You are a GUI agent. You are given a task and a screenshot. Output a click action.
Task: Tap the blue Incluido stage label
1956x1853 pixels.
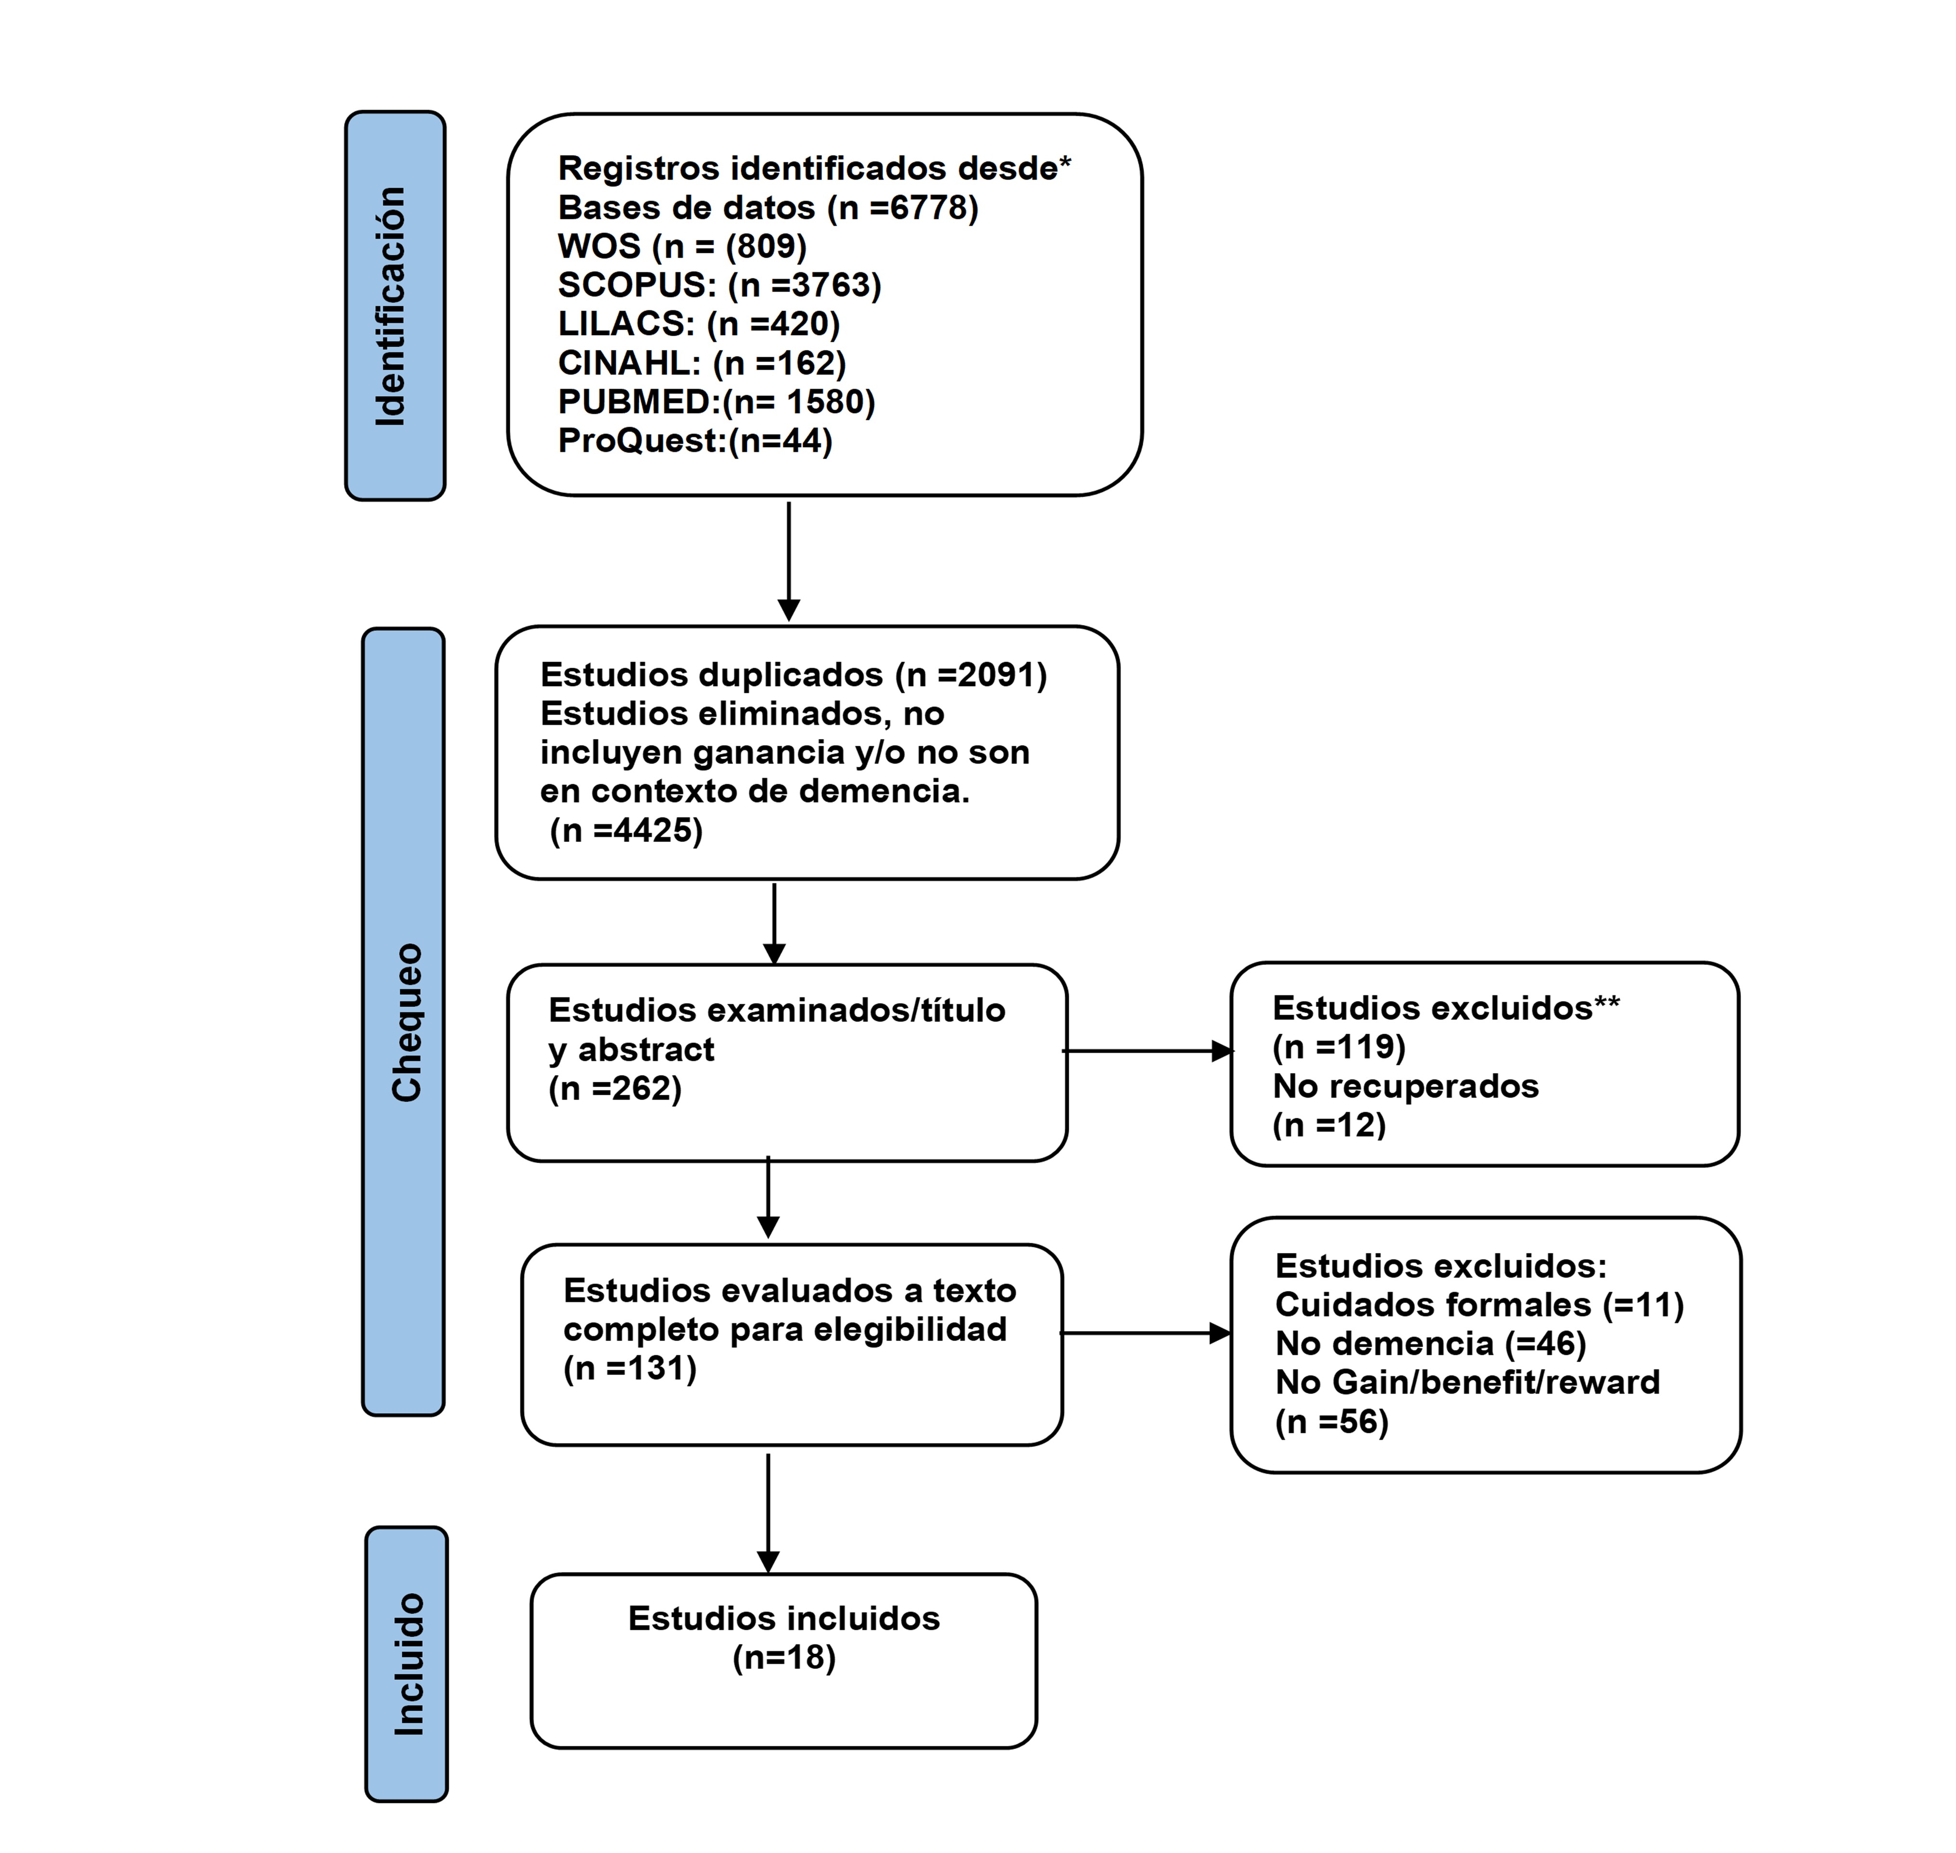tap(406, 1665)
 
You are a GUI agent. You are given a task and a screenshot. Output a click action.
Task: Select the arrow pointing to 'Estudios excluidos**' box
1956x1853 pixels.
tap(1148, 1051)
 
